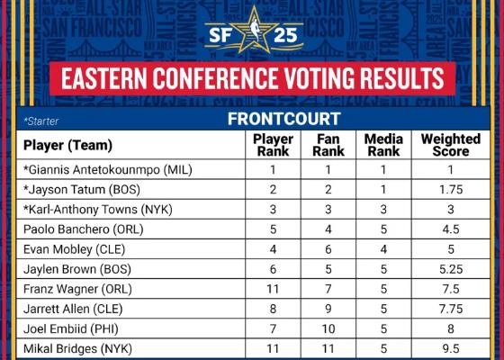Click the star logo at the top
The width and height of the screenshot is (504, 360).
tap(254, 30)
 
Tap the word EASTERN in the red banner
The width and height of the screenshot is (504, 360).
tap(104, 78)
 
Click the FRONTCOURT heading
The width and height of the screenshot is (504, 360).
tap(283, 119)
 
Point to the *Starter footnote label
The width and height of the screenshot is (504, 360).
tap(41, 121)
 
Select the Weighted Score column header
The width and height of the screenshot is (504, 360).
tap(451, 145)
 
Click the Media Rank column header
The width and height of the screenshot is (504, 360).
tap(383, 145)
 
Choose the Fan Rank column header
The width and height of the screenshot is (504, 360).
tap(328, 145)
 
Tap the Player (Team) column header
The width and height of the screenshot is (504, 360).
tap(67, 145)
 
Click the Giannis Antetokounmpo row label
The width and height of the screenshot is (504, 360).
tap(108, 170)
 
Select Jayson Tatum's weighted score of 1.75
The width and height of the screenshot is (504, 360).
tap(451, 190)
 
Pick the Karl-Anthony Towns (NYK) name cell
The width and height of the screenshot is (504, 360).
tap(98, 210)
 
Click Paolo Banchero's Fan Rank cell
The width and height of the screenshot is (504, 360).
tap(328, 229)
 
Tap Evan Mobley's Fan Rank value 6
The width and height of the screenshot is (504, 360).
tap(328, 249)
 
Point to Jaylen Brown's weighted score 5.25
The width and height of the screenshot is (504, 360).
tap(451, 269)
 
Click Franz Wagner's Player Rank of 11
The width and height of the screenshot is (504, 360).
tap(273, 289)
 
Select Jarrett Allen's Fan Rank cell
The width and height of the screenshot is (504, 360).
tap(328, 310)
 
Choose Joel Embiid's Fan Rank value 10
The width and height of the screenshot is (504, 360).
tap(328, 329)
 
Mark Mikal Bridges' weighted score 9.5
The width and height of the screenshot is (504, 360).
tap(451, 349)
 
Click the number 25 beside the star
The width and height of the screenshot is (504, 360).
tap(285, 35)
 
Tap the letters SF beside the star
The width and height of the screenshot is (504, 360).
tap(220, 35)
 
